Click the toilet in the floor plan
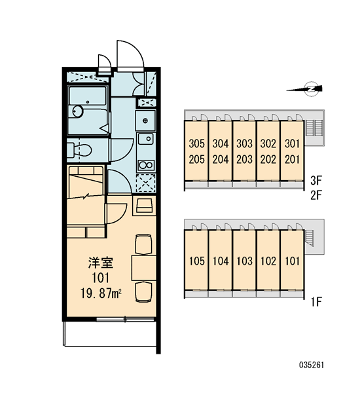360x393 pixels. click(80, 150)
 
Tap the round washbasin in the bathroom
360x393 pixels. click(78, 111)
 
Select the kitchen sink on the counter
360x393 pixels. click(145, 139)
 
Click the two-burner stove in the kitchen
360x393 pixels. click(145, 166)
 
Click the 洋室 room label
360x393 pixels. click(101, 263)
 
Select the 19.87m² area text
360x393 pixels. click(101, 293)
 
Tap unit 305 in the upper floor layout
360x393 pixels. click(196, 144)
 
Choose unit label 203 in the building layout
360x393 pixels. click(245, 159)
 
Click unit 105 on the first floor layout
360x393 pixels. click(196, 261)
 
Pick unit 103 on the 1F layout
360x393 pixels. click(245, 261)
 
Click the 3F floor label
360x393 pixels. click(316, 181)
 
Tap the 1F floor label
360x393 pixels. click(316, 302)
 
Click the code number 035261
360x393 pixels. click(312, 365)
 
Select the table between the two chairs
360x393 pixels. click(144, 268)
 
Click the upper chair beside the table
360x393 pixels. click(143, 244)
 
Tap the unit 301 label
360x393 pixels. click(292, 144)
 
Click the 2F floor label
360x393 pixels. click(316, 195)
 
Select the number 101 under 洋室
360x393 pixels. click(101, 278)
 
